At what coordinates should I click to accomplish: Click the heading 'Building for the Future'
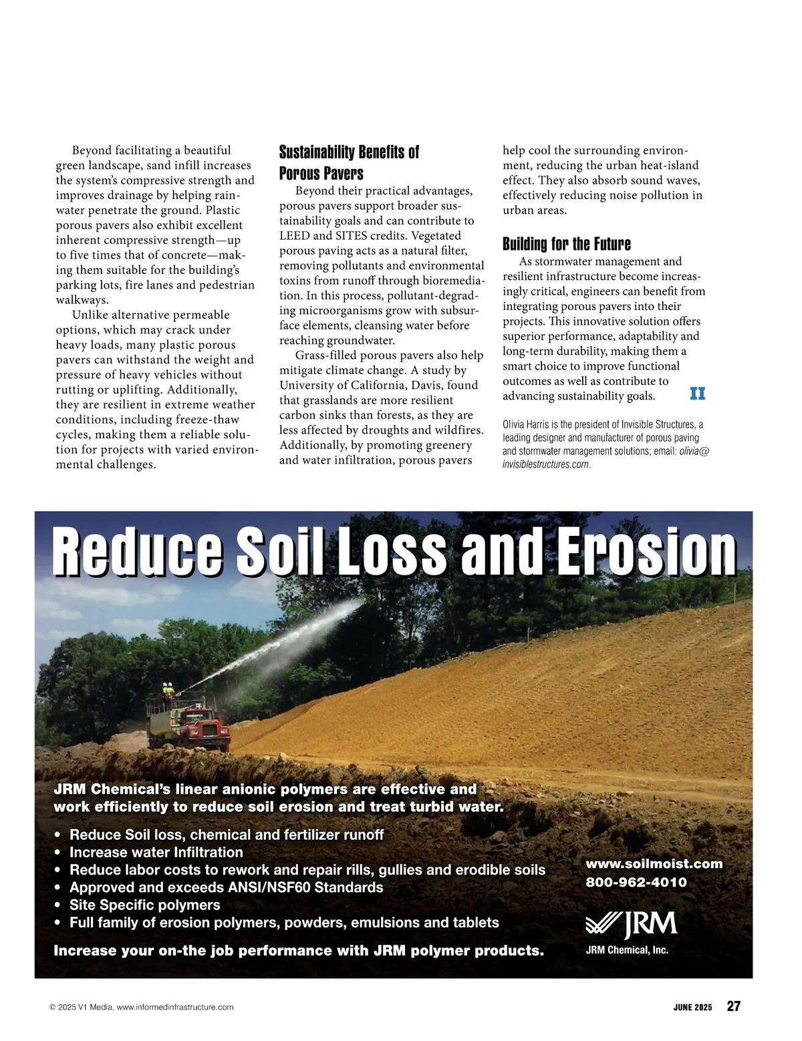(x=566, y=244)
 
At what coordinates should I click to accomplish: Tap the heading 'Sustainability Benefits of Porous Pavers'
(x=349, y=162)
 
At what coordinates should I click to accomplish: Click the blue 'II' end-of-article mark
(x=697, y=394)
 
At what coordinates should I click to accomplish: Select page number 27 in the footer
(x=733, y=1006)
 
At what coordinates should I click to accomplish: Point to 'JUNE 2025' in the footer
(x=692, y=1007)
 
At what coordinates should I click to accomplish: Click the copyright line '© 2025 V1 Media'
(x=142, y=1007)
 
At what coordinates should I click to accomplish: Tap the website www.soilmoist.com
(x=654, y=864)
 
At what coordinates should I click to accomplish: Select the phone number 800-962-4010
(x=636, y=882)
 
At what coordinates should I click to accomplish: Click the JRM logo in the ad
(x=631, y=924)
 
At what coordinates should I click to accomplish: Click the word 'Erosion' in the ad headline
(x=646, y=553)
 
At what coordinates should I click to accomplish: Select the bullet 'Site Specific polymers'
(x=144, y=905)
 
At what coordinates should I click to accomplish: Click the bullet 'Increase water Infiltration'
(x=156, y=853)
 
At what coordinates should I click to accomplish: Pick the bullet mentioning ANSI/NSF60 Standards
(x=226, y=887)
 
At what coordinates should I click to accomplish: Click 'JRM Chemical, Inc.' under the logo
(x=626, y=949)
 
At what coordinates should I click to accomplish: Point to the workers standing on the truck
(x=168, y=691)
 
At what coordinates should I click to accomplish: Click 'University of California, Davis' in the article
(x=378, y=385)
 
